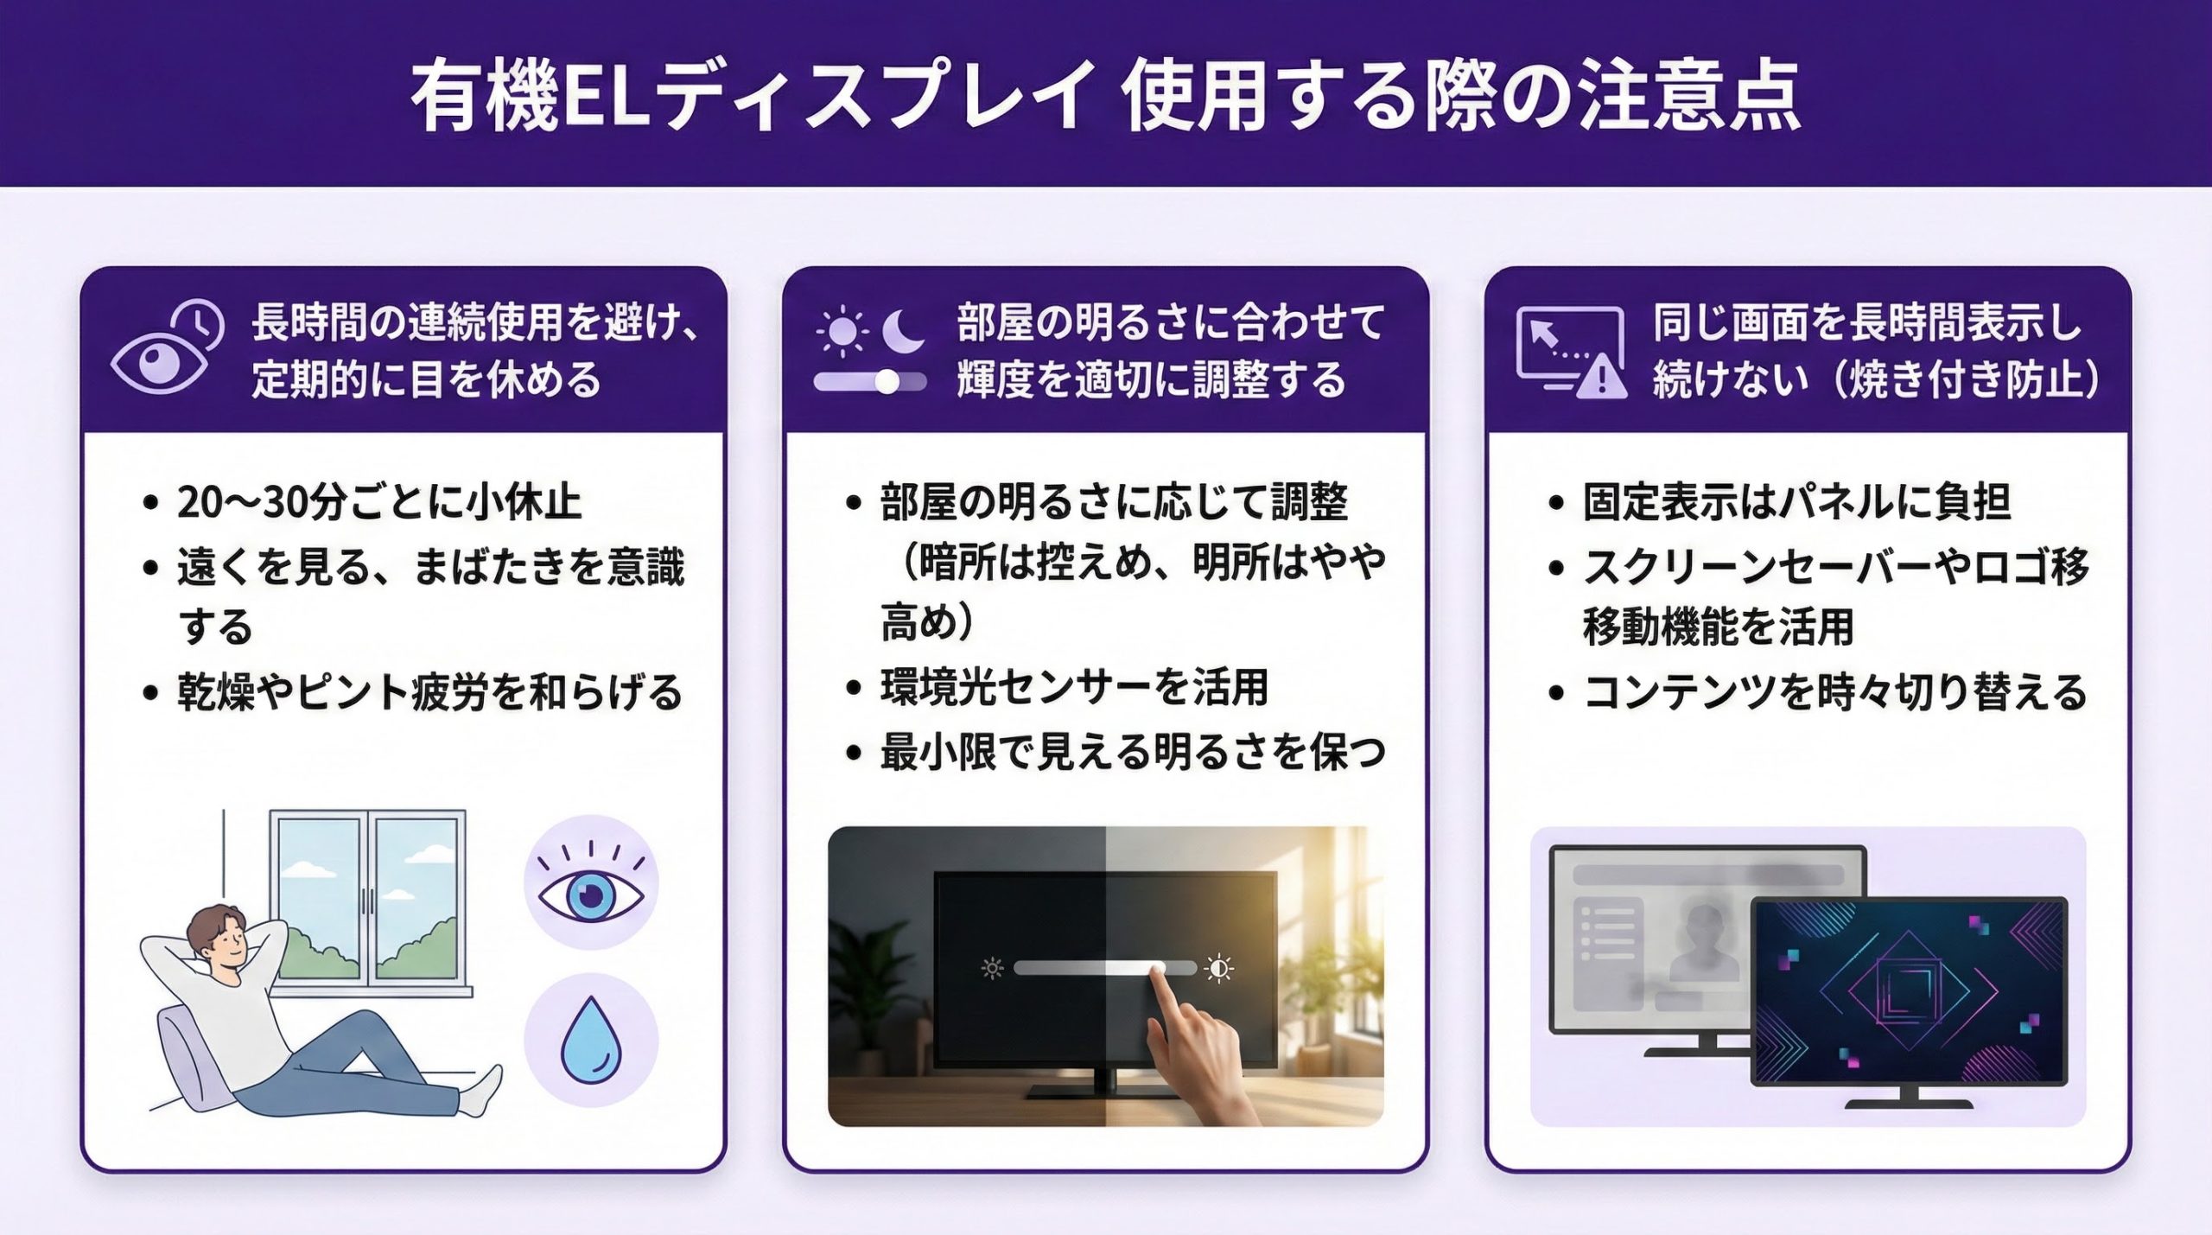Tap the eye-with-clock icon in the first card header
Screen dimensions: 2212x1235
click(x=167, y=348)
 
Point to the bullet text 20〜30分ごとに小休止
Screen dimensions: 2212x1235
click(x=379, y=502)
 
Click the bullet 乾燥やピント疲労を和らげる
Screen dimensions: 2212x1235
click(x=430, y=692)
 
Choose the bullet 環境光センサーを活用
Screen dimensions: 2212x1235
click(x=1074, y=688)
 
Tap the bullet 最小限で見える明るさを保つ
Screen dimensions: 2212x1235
click(x=1133, y=752)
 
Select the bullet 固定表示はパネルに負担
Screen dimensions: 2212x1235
click(x=1796, y=502)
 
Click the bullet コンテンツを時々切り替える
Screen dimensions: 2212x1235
click(x=1834, y=692)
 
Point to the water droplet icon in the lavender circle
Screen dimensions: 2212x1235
click(x=591, y=1041)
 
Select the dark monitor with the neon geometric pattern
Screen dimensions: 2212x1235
click(x=1909, y=1004)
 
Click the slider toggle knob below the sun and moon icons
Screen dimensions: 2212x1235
click(x=887, y=382)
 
